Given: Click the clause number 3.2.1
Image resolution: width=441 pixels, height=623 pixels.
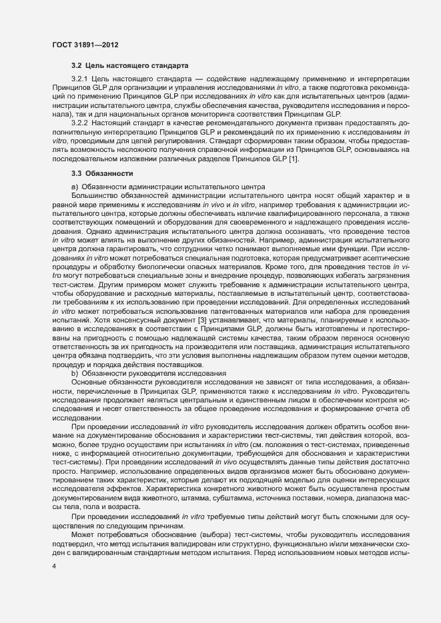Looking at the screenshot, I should [x=81, y=79].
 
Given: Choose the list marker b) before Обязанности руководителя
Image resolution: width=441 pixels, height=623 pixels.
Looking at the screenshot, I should [x=74, y=373].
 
